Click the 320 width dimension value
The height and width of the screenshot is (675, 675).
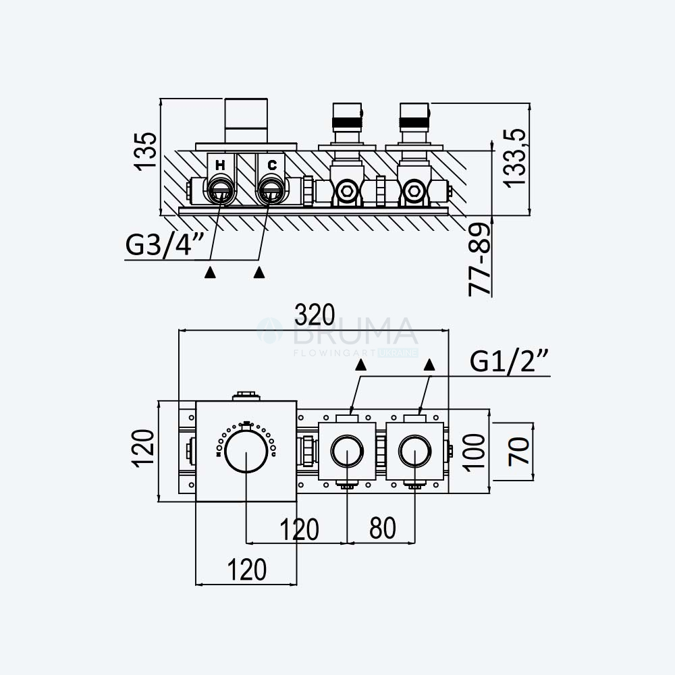coord(315,315)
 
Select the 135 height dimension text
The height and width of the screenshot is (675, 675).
coord(145,152)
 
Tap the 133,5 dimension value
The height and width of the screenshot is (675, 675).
coord(516,157)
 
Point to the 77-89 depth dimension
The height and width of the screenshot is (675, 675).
coord(480,260)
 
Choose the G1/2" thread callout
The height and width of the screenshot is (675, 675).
coord(509,360)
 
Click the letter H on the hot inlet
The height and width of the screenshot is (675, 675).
coord(220,165)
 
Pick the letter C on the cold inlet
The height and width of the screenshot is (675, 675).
coord(272,165)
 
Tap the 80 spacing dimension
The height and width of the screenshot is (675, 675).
coord(383,529)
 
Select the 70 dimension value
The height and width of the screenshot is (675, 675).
coord(519,451)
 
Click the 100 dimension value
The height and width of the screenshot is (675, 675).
coord(475,452)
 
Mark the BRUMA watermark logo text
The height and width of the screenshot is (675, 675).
coord(355,331)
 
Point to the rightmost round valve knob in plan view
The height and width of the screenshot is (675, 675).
coord(415,451)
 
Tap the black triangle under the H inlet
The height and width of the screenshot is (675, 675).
coord(210,272)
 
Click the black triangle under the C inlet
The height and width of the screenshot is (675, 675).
coord(259,272)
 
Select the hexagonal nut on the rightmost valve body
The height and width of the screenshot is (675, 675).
coord(414,191)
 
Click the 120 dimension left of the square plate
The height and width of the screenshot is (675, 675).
coord(143,449)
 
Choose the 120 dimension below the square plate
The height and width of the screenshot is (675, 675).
coord(246,570)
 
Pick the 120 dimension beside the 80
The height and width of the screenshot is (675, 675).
coord(299,529)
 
